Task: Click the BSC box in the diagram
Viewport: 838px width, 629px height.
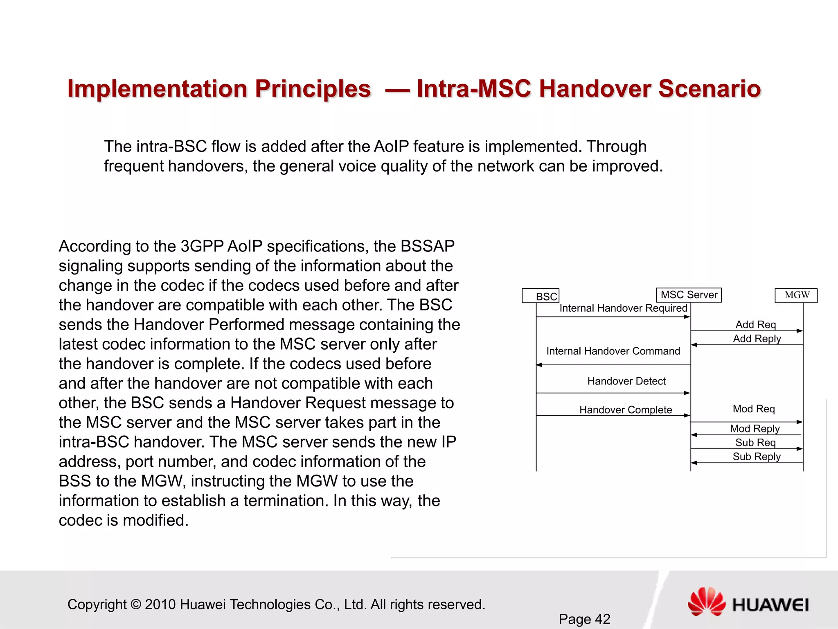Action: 541,296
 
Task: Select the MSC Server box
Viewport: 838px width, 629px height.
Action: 689,295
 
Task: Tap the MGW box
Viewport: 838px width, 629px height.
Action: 796,295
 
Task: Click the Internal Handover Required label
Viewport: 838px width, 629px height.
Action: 623,308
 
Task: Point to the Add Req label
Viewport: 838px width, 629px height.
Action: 755,325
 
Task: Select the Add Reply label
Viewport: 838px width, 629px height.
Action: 757,339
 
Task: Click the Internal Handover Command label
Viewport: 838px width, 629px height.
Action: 613,351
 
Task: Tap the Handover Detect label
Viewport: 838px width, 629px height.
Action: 626,381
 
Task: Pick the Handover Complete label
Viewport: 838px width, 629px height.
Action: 625,410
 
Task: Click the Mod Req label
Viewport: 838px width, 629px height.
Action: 754,409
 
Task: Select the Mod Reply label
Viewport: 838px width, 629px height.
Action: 755,429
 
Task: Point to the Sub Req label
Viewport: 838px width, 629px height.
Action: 755,443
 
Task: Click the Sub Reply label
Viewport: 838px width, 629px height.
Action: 756,457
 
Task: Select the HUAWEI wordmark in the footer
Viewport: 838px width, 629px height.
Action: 770,605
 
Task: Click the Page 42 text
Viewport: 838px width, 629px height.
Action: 584,619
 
